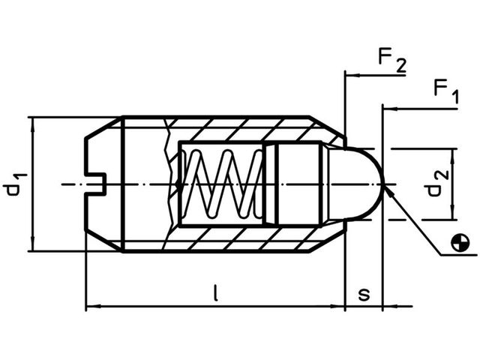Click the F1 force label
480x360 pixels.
(447, 91)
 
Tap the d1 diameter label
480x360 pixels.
(15, 184)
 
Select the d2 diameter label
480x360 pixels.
(437, 183)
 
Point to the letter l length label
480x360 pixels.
(216, 292)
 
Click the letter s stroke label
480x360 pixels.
(364, 294)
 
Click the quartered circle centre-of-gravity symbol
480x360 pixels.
(460, 242)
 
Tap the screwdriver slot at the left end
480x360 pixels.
(96, 184)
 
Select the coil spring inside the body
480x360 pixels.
(223, 184)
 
